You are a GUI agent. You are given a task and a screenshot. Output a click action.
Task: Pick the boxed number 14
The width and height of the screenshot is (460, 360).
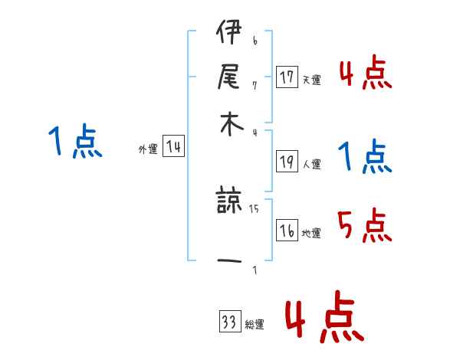click(173, 147)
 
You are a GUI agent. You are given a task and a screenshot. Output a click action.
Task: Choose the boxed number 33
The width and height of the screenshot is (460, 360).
click(229, 322)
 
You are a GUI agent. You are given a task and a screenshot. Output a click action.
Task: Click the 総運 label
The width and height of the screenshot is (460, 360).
click(254, 325)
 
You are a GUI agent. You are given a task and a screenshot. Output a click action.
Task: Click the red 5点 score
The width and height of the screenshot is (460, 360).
click(364, 225)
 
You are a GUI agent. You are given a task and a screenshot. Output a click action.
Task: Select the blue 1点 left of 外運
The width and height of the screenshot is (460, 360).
click(74, 142)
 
